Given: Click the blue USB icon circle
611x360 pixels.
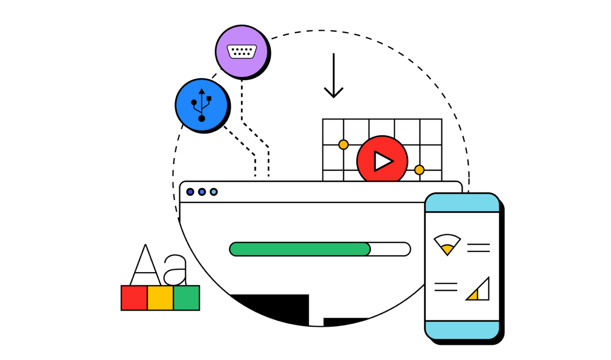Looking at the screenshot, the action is click(201, 105).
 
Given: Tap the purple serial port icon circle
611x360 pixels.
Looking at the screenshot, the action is click(242, 52).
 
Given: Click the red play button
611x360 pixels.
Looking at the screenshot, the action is click(382, 161).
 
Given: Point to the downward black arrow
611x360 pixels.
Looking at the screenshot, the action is click(333, 76).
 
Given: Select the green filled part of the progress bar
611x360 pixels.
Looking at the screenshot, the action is click(299, 249).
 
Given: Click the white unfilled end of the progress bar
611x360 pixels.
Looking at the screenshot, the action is click(391, 249).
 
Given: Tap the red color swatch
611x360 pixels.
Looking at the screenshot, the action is click(134, 298).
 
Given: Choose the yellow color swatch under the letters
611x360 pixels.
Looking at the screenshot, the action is click(160, 298).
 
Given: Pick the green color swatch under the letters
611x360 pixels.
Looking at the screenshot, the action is click(187, 298).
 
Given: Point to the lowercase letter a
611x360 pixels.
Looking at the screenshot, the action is click(176, 271).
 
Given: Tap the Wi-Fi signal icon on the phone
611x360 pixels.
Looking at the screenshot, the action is click(447, 244).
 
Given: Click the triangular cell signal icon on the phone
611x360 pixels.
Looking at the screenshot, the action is click(478, 290).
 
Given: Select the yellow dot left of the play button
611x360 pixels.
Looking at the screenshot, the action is click(343, 145).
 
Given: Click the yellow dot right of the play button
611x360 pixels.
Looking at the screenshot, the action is click(419, 170).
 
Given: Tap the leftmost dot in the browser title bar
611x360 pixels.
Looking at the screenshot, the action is click(190, 192).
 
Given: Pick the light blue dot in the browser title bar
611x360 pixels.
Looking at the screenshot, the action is click(214, 192).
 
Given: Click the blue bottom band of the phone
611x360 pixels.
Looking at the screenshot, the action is click(462, 329).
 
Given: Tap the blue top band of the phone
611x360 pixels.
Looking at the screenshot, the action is click(462, 203).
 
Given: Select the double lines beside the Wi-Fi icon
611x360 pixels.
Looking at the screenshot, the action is click(478, 248).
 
